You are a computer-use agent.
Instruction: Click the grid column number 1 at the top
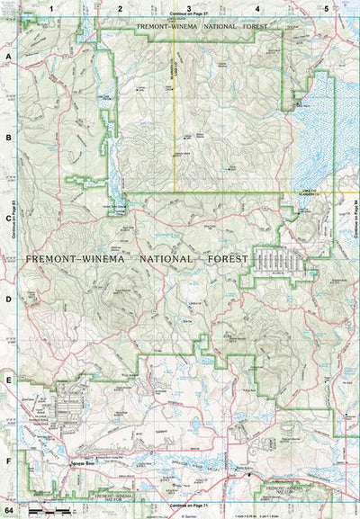click(52, 7)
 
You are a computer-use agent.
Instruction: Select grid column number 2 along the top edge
click(120, 7)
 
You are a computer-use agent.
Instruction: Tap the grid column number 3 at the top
click(188, 7)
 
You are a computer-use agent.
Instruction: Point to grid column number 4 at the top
click(257, 7)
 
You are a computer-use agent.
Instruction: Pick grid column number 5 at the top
click(325, 7)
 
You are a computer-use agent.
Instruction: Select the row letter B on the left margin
click(9, 138)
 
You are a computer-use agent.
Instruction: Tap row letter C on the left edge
click(9, 218)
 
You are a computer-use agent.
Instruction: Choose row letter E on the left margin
click(9, 380)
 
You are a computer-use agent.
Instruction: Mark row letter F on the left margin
click(9, 461)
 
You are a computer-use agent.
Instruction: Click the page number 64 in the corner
click(9, 511)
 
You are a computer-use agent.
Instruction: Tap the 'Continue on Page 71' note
click(187, 508)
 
